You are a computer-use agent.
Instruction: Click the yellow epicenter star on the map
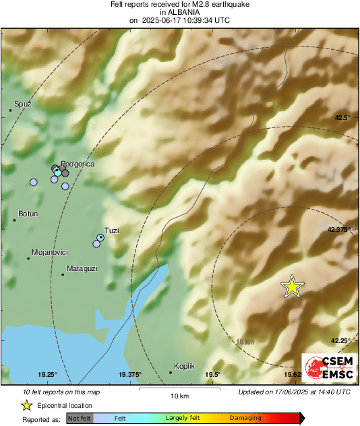(292, 286)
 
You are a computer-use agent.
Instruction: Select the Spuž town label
(23, 104)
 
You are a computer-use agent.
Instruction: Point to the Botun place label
(28, 214)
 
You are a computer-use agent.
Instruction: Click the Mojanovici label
(50, 251)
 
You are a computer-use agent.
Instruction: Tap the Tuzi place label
(112, 231)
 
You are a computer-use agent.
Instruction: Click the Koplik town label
(184, 365)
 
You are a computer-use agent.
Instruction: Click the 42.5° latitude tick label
(343, 117)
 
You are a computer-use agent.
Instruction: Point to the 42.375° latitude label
(340, 229)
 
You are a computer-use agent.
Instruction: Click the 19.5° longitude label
(213, 375)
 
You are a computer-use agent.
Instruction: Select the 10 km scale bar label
(179, 395)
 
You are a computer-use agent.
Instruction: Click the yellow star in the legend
(26, 405)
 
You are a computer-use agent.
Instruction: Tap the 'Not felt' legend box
(80, 419)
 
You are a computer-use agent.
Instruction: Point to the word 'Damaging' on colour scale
(245, 419)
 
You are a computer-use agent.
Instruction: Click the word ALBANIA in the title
(179, 12)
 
